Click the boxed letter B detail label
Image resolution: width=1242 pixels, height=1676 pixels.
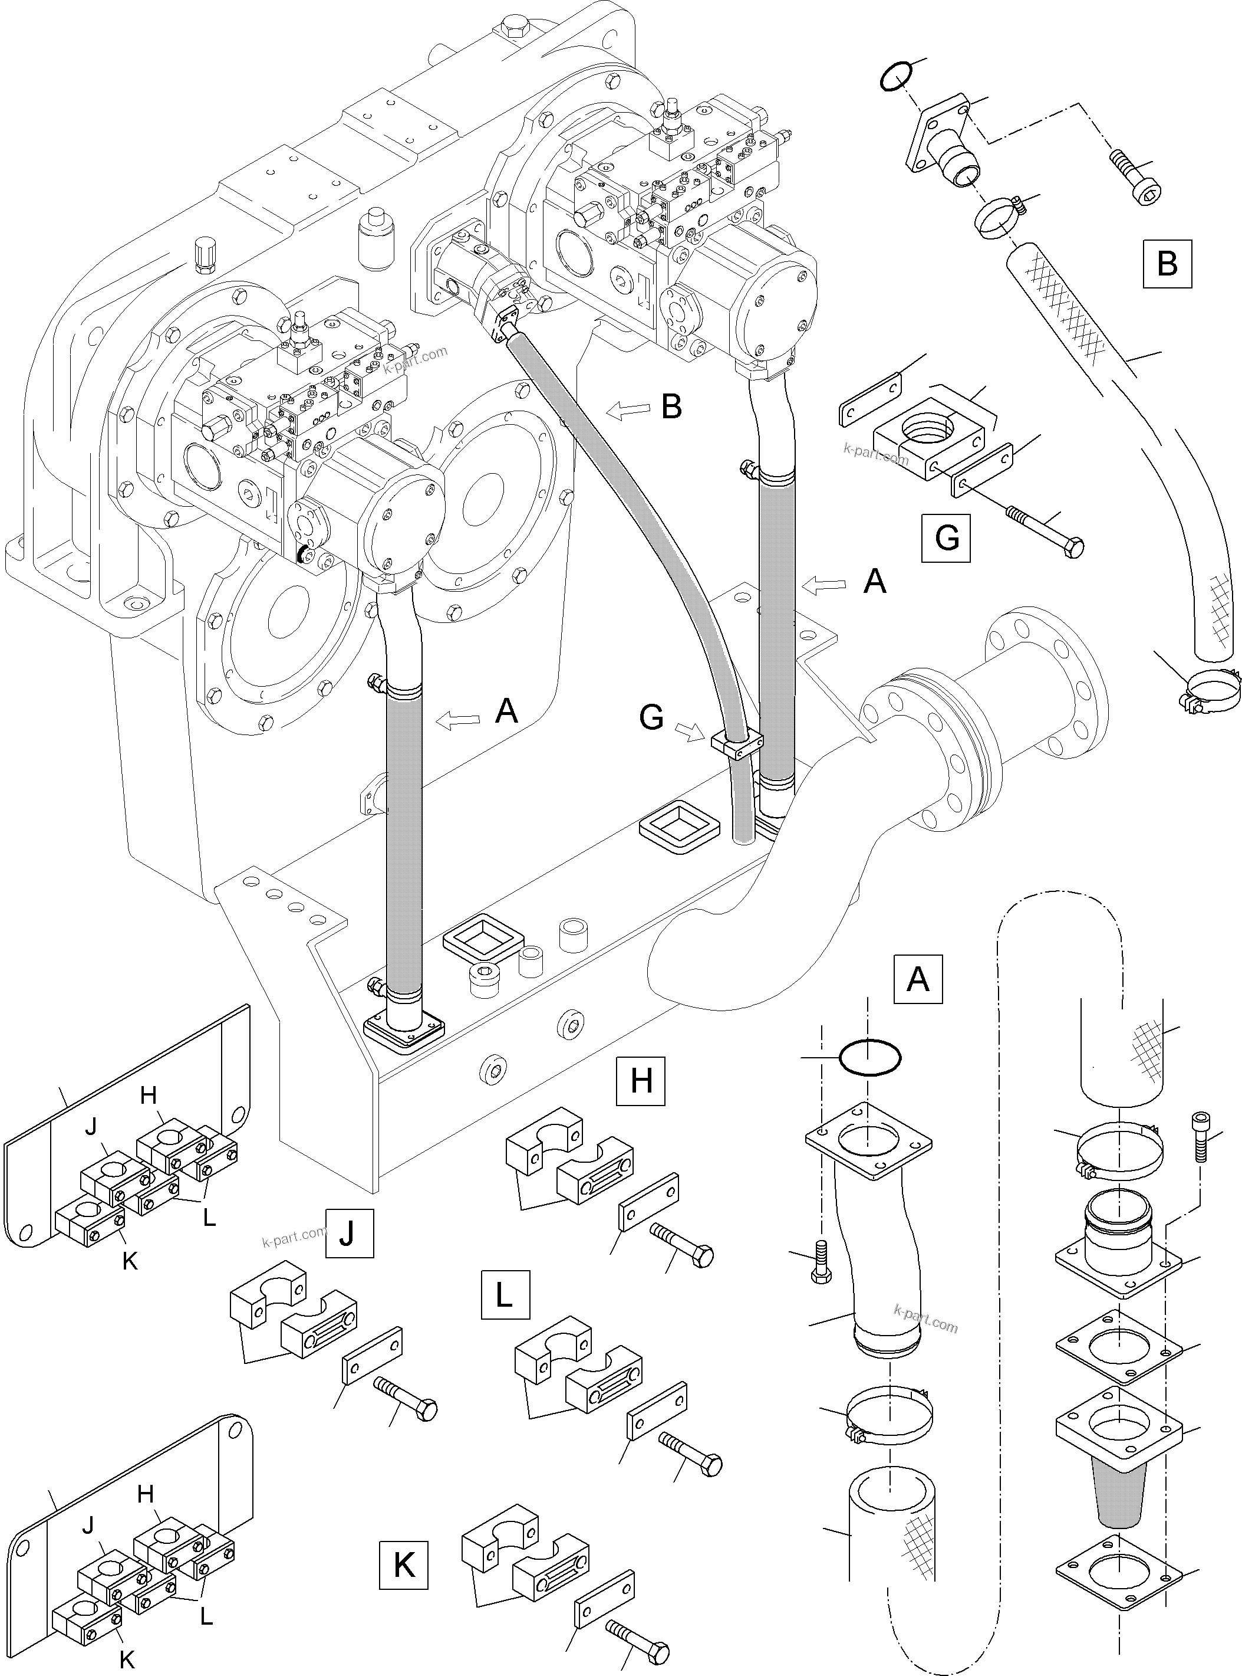[x=1167, y=263]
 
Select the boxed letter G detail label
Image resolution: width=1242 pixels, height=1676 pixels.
[x=945, y=538]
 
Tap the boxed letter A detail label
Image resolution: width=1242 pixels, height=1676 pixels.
[x=917, y=979]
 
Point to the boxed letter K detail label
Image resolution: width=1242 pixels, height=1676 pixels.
[x=404, y=1566]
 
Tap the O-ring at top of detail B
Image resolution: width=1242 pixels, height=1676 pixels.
[x=897, y=76]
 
